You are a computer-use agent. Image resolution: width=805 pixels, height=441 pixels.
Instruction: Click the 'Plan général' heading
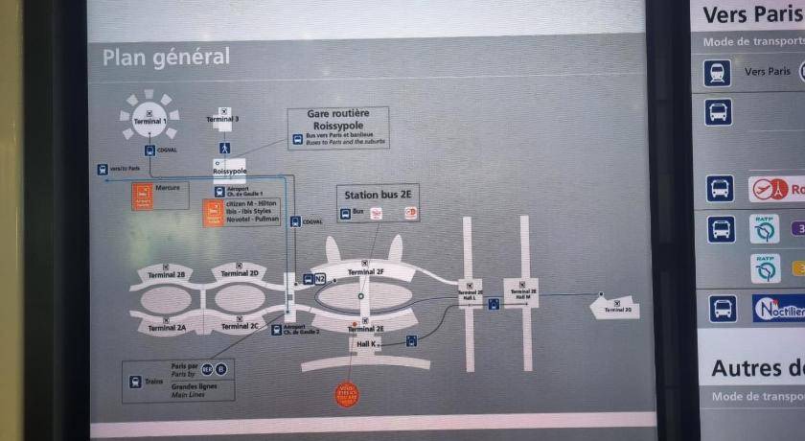pos(166,57)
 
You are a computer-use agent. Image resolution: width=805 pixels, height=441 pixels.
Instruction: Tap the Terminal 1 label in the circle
pos(149,121)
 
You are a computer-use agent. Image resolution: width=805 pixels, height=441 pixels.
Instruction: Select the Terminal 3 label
pos(222,119)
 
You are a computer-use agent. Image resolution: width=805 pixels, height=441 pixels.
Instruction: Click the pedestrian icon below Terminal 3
pos(224,149)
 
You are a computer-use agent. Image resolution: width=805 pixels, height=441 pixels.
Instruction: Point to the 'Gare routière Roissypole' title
pos(338,119)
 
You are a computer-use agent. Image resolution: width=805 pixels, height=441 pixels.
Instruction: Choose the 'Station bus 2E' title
pos(378,195)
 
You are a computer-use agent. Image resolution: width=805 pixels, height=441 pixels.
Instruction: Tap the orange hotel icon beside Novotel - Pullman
pos(213,213)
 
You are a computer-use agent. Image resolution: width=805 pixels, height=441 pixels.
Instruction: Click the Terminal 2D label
pos(240,273)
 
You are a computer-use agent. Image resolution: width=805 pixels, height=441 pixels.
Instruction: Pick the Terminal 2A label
pos(167,327)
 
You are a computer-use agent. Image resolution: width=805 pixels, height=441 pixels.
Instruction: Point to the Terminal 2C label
pos(240,326)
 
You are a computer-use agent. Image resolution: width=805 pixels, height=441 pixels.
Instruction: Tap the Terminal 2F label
pos(366,271)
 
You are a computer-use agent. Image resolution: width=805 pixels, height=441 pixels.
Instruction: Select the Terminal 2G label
pos(617,309)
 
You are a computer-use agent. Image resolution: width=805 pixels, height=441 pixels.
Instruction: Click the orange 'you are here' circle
pos(347,394)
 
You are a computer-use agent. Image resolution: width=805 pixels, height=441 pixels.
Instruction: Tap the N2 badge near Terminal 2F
pos(320,279)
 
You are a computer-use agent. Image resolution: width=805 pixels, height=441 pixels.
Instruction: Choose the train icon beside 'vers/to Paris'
pos(103,170)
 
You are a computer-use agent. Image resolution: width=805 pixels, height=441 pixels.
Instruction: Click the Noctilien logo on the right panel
pos(777,310)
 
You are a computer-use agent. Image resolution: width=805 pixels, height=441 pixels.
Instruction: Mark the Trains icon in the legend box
pos(135,382)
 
